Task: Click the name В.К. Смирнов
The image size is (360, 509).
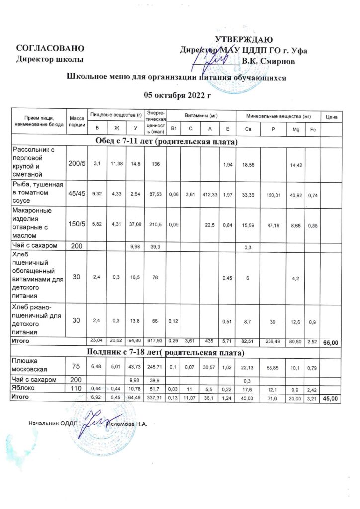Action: pyautogui.click(x=268, y=61)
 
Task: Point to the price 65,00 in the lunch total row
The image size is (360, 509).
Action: pyautogui.click(x=331, y=342)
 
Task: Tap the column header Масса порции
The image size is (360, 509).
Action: pyautogui.click(x=77, y=121)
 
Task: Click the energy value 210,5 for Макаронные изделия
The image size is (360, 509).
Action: pyautogui.click(x=156, y=225)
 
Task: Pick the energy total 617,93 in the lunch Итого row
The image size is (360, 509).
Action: pyautogui.click(x=156, y=341)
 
